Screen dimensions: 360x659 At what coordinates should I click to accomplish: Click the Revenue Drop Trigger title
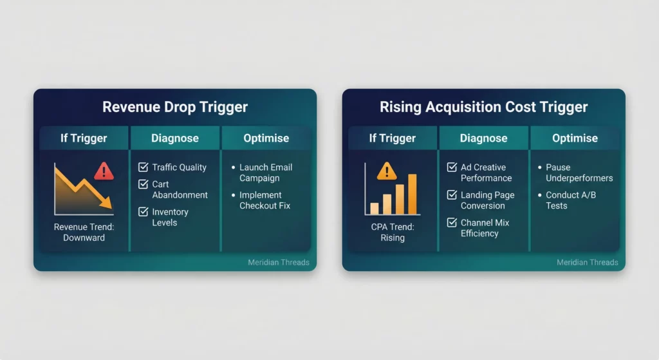tap(175, 107)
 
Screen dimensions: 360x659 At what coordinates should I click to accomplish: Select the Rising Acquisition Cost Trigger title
tap(483, 107)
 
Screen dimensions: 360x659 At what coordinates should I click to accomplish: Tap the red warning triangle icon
tap(104, 171)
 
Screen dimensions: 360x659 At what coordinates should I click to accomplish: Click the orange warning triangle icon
tap(387, 171)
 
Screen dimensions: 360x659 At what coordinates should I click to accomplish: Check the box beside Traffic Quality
tap(144, 167)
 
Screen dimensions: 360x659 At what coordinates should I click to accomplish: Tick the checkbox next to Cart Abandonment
tap(144, 184)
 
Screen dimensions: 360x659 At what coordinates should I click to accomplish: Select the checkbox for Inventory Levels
tap(144, 212)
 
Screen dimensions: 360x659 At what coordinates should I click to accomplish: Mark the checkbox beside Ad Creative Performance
tap(452, 167)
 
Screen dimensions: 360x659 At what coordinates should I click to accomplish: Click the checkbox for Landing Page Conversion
tap(452, 195)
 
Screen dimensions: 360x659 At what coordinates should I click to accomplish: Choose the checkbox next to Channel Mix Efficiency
tap(452, 223)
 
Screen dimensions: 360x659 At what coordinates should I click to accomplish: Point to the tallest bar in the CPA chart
tap(412, 194)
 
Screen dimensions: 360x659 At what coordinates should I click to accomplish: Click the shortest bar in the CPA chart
tap(375, 208)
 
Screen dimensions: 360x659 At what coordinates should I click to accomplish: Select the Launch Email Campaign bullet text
tap(266, 173)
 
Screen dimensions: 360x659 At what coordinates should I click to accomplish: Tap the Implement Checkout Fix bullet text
tap(265, 200)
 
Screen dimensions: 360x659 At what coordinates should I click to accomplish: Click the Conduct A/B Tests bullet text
tap(566, 200)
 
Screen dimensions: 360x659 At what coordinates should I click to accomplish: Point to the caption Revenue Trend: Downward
tap(84, 232)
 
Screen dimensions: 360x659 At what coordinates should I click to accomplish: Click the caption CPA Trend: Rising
tap(392, 232)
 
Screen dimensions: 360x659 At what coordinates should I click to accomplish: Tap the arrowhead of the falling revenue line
tap(108, 204)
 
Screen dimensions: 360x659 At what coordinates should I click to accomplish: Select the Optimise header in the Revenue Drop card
tap(266, 138)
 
